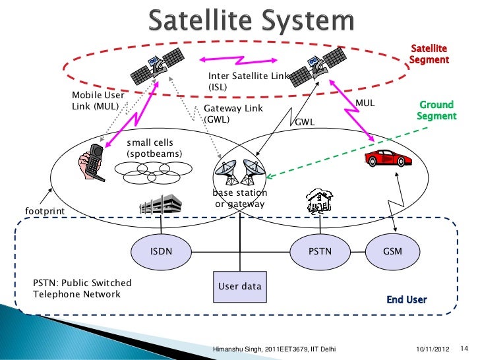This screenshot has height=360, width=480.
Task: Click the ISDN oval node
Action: coord(162,251)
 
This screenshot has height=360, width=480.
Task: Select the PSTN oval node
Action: coord(316,251)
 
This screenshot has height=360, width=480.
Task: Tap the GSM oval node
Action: coord(392,251)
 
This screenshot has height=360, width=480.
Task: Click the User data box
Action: coord(239,287)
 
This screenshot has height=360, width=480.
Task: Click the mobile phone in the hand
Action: coord(92,162)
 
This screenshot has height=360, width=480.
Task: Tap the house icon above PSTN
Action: coord(318,202)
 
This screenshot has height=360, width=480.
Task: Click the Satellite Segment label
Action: coord(429,54)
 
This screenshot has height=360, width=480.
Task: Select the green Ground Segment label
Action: coord(436,110)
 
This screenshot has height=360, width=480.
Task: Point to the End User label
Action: coord(407,300)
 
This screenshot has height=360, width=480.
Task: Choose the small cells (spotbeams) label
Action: coord(154,148)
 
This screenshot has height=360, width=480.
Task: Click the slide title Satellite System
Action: coord(250,21)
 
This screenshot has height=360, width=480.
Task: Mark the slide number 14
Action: coord(462,347)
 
